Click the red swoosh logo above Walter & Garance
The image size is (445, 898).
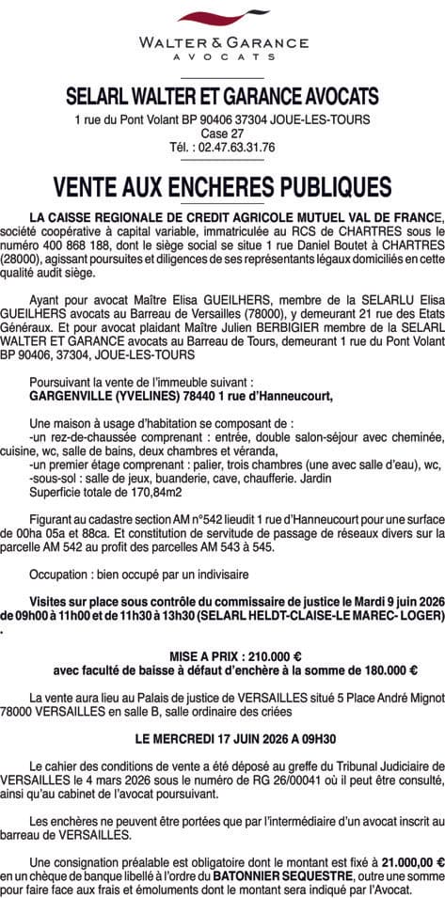click(222, 20)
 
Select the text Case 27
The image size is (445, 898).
click(222, 134)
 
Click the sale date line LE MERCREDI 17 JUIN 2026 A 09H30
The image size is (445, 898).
click(222, 740)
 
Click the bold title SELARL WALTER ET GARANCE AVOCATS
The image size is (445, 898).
click(222, 95)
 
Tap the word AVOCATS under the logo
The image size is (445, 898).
click(222, 56)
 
